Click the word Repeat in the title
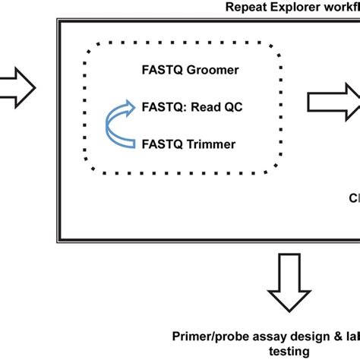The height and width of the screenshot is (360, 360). pyautogui.click(x=250, y=7)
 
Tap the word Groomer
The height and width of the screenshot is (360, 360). pyautogui.click(x=211, y=70)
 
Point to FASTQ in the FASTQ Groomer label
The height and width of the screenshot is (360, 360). pyautogui.click(x=162, y=70)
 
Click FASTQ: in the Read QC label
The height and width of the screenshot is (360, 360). pyautogui.click(x=164, y=106)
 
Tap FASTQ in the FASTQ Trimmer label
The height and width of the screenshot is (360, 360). pyautogui.click(x=162, y=142)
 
